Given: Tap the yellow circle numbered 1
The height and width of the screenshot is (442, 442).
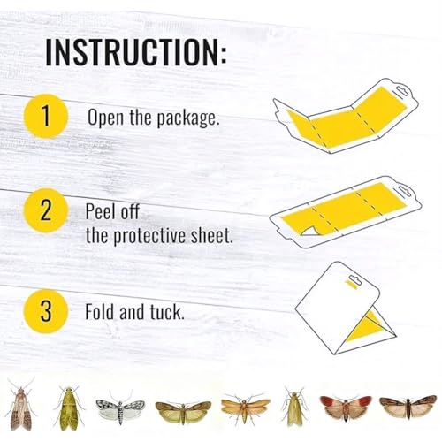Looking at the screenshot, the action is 46,116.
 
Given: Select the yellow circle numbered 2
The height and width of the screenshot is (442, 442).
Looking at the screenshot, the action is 46,210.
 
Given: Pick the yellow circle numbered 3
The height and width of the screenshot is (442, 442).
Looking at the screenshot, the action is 46,311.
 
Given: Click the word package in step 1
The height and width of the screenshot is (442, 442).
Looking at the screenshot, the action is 187,118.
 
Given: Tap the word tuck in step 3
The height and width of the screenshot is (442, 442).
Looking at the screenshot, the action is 167,312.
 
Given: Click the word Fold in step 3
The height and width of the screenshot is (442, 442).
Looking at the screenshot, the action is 99,312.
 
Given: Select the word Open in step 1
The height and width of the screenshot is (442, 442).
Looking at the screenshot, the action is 105,118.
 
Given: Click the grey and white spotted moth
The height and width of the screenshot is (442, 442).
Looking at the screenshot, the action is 120,407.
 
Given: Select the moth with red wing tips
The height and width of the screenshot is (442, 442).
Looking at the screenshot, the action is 346,408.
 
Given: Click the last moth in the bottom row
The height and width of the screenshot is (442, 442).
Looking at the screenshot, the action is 408,407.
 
